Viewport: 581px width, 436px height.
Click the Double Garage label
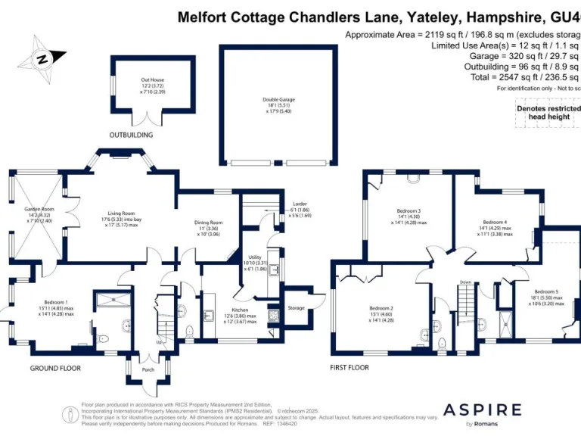pos(277,99)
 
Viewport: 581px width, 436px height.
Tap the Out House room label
pos(152,79)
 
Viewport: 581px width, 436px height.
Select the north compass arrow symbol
pos(42,58)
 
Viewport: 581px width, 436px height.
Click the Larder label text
pos(299,204)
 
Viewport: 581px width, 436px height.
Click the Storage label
pos(296,308)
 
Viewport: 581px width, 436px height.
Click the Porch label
pos(148,370)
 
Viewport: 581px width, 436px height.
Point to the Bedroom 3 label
pos(409,211)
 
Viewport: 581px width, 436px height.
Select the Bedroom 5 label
pos(545,291)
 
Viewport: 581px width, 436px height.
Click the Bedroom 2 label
pos(381,308)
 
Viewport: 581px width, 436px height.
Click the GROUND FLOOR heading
pos(55,369)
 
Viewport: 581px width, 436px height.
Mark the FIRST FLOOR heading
pos(349,369)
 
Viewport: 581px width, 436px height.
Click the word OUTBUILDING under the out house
pos(131,135)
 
